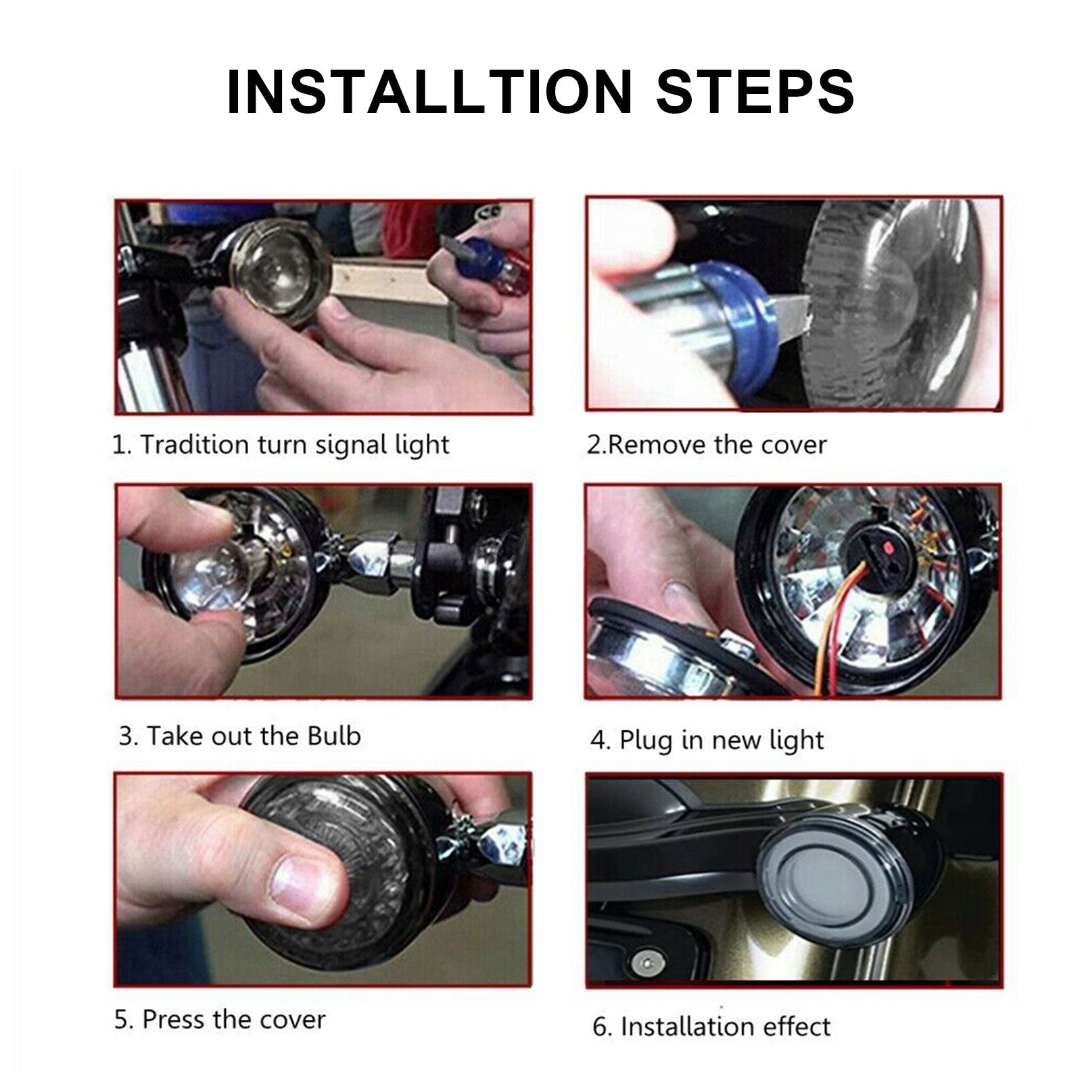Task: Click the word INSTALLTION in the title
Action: [429, 91]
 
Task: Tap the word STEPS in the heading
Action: [755, 91]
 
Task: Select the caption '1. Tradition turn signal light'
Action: [281, 445]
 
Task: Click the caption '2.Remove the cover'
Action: [706, 445]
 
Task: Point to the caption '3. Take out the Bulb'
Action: [240, 736]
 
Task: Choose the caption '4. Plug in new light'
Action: [707, 740]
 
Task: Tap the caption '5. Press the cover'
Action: [220, 1019]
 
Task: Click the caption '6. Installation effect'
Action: [711, 1027]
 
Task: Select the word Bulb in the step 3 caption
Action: [334, 736]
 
